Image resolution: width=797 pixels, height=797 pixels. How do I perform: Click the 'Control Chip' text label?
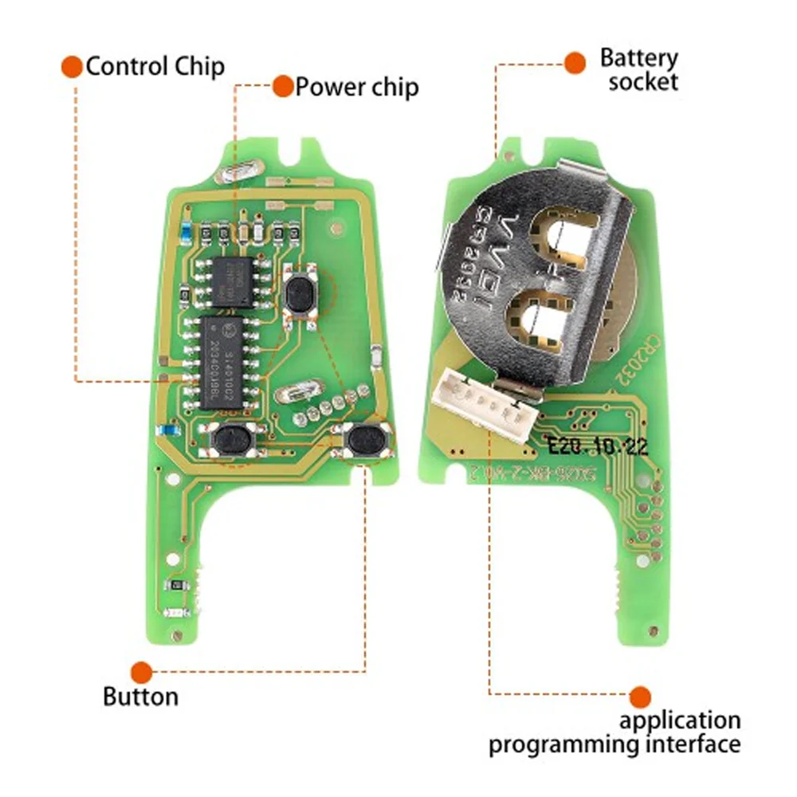coord(155,66)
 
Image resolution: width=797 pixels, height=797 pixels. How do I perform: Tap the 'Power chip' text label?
coord(356,86)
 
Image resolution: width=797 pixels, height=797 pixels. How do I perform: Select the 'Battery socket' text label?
coord(639,69)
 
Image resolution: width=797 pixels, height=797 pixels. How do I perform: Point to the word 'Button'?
coord(140,697)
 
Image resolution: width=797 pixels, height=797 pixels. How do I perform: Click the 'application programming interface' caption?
coord(614,732)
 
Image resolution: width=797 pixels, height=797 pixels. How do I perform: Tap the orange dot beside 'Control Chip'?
coord(72,66)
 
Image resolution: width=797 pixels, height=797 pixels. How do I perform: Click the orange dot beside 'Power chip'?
coord(282,86)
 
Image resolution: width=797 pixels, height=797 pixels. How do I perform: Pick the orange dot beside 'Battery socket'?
coord(575,61)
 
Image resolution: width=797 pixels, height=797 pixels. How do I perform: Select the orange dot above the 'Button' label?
coord(142,672)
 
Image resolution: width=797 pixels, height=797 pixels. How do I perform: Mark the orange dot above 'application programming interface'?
coord(639,697)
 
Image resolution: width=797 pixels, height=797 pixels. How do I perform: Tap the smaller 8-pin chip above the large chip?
coord(231,281)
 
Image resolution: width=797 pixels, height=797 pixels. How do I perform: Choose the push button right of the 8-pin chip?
coord(297,293)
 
